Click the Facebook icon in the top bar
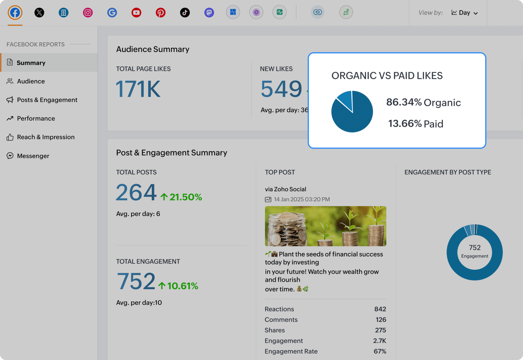(15, 13)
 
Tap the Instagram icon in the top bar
(88, 13)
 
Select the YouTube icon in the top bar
(136, 13)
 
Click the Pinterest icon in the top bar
(160, 13)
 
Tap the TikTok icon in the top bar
(185, 13)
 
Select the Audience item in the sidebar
(31, 81)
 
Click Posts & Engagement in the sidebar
(47, 100)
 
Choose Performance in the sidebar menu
(36, 118)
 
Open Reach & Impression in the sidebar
(46, 137)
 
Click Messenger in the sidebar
(33, 156)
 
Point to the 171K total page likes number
(138, 89)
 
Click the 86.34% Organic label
(423, 103)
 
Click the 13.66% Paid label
(416, 124)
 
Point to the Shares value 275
(380, 330)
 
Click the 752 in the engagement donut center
(474, 248)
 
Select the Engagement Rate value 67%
(380, 351)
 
